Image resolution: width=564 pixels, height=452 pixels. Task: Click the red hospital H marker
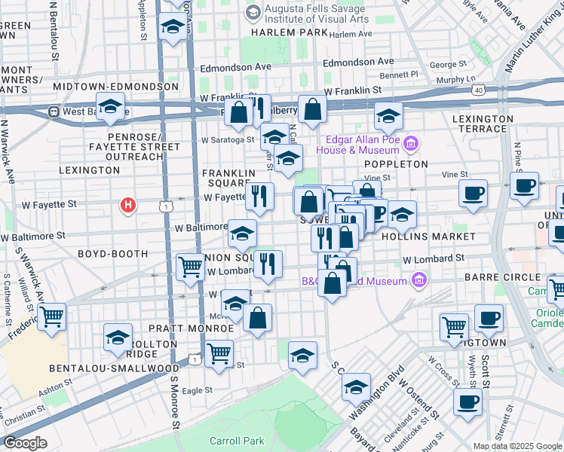129,204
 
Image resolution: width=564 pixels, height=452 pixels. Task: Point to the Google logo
25,443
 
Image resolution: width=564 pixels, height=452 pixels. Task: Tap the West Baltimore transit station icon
54,111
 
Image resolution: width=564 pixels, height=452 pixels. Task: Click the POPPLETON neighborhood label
396,163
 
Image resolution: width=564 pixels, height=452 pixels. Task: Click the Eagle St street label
198,390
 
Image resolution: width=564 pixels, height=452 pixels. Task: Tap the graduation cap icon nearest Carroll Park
302,356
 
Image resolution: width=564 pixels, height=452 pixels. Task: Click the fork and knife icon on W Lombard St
268,263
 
